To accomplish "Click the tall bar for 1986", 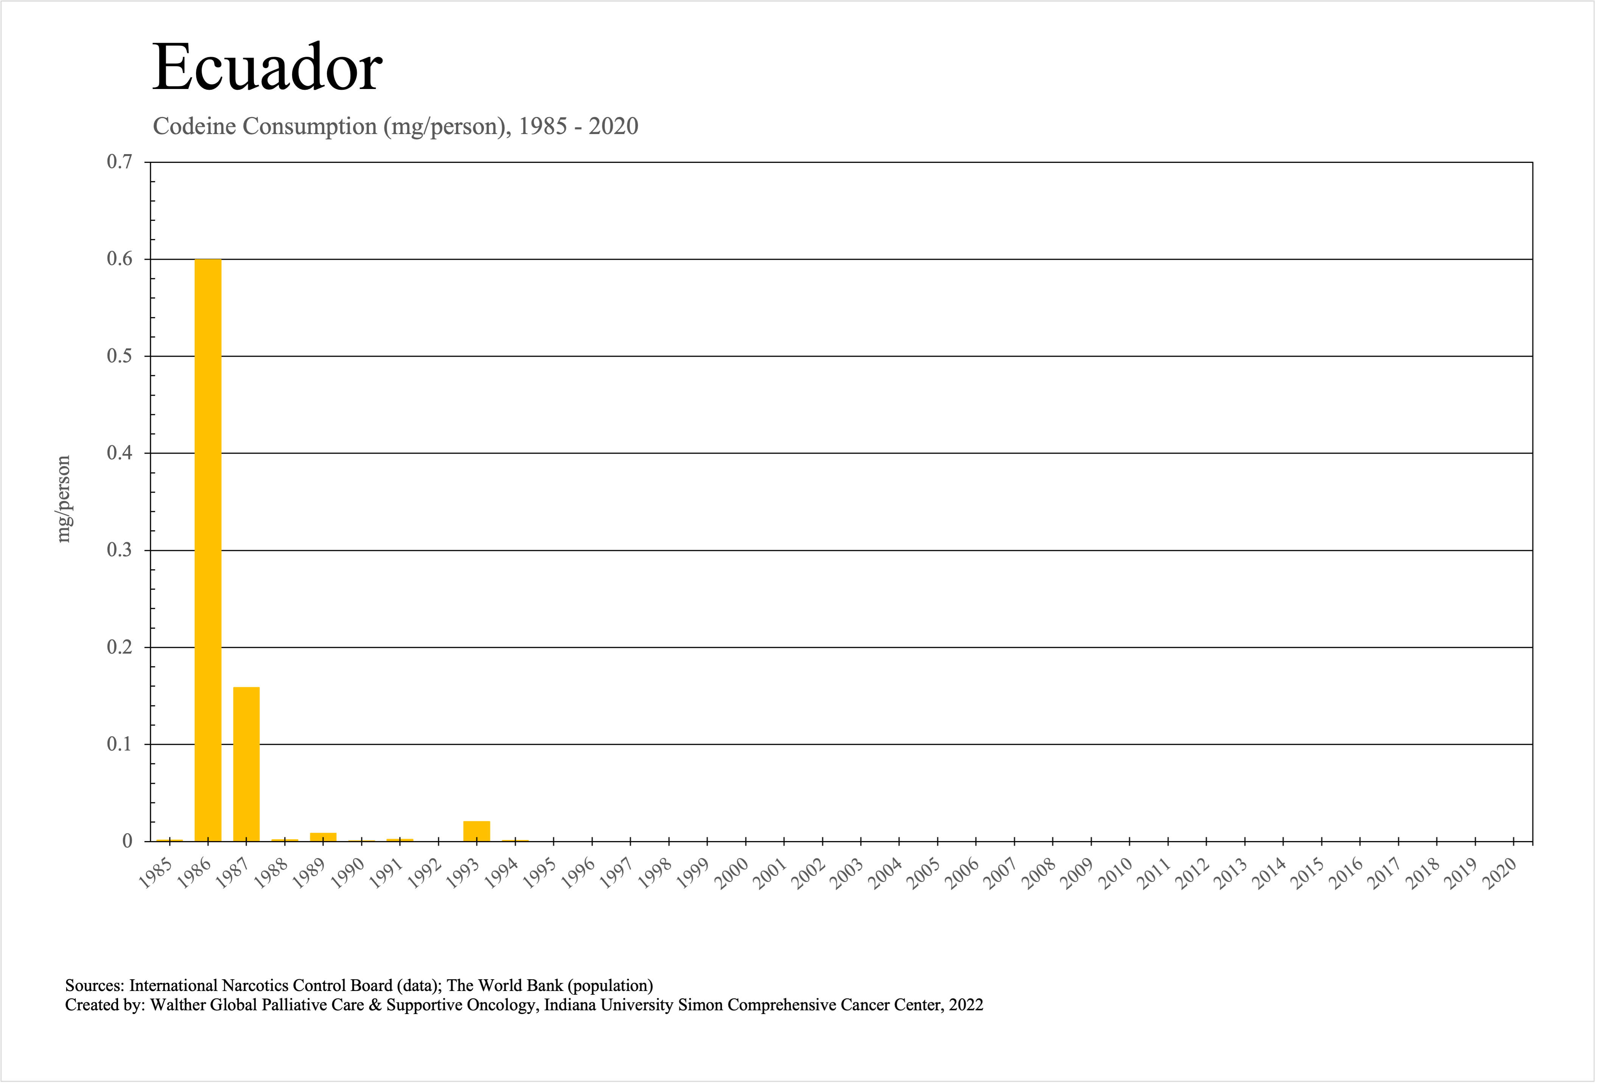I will coord(208,550).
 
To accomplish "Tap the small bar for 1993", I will coord(477,831).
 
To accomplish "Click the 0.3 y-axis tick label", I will coord(120,550).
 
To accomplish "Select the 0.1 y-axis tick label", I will coord(120,744).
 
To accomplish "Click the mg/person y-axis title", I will coord(63,499).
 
